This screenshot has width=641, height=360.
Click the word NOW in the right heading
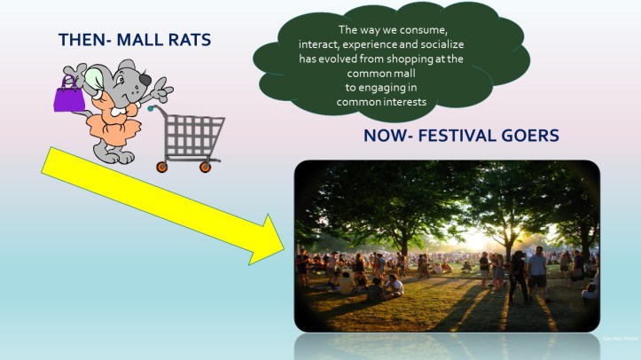pos(384,137)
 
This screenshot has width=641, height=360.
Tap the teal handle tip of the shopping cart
pos(152,109)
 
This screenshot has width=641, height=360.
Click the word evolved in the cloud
pos(334,59)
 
